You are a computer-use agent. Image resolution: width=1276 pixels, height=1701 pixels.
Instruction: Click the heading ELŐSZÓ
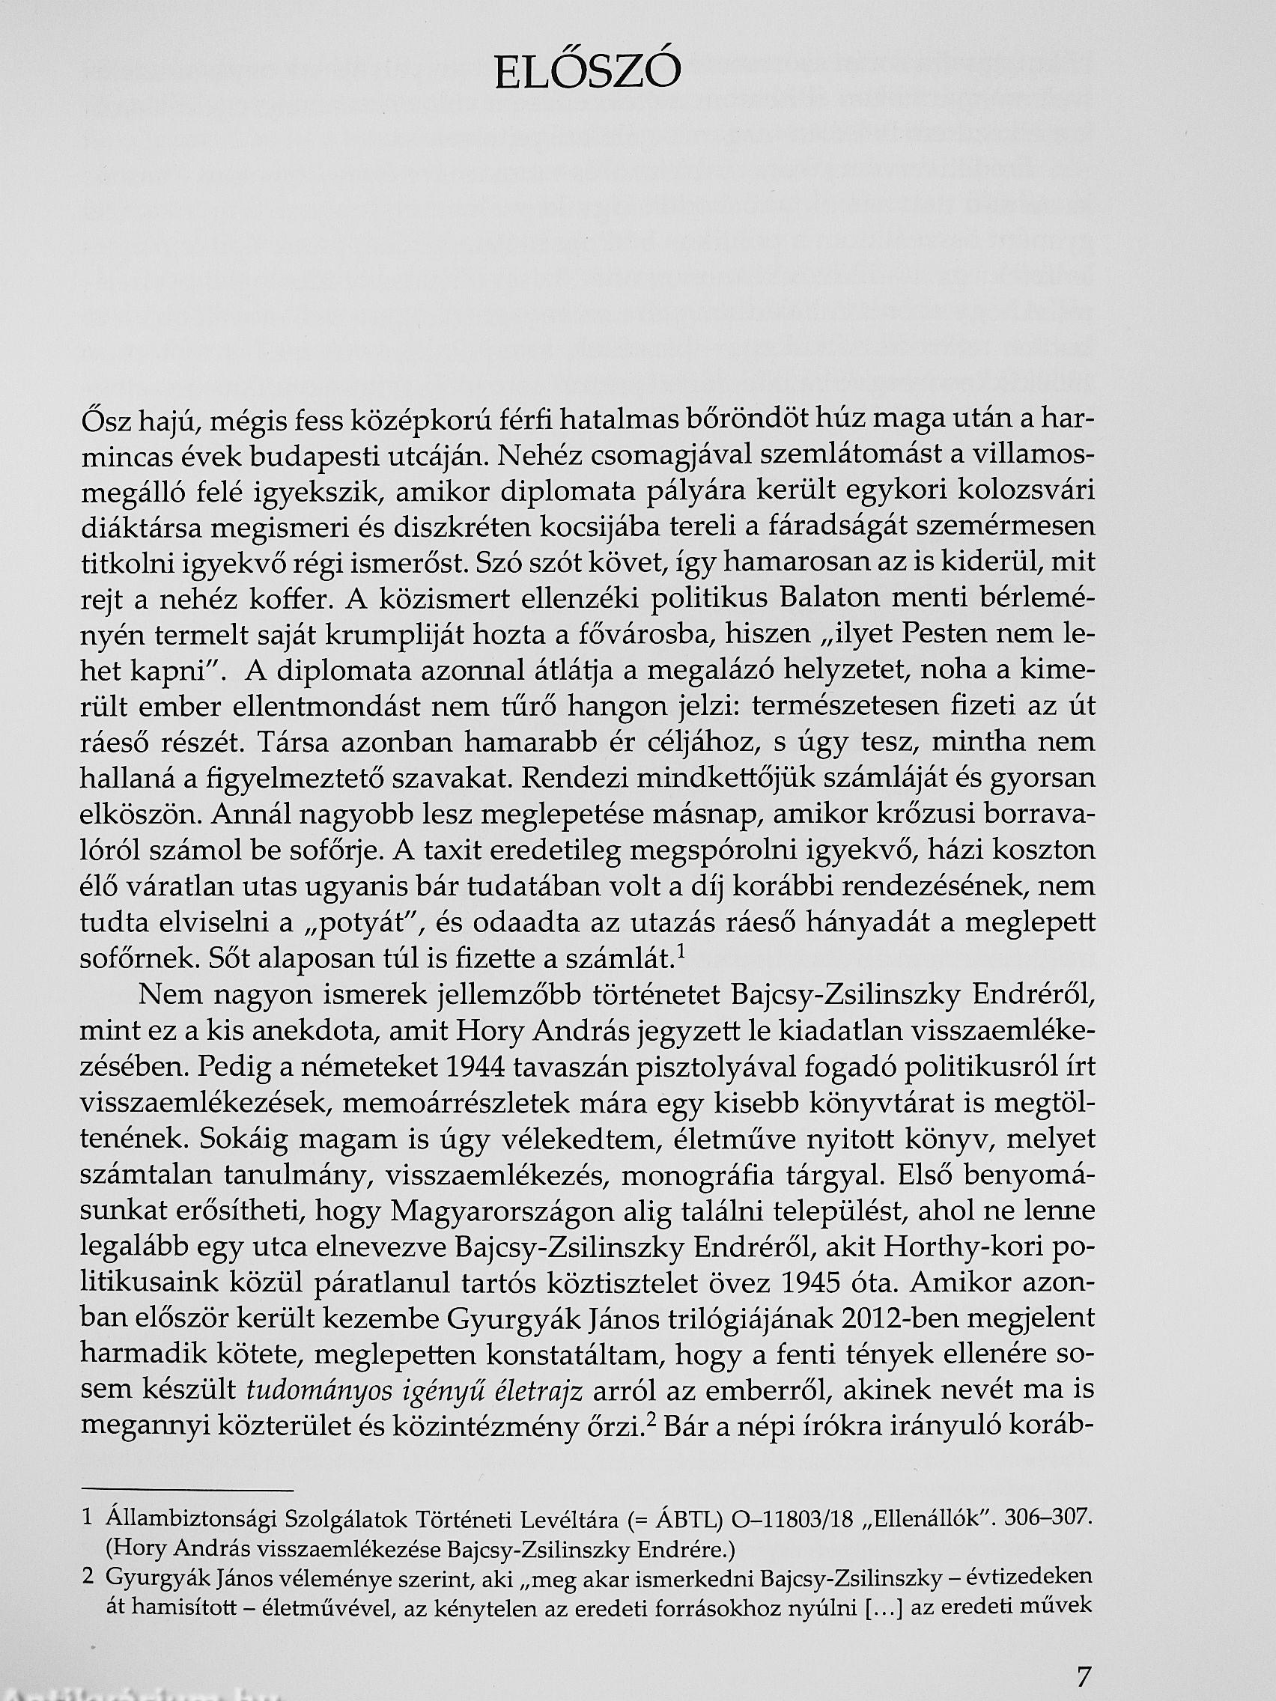point(588,75)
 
